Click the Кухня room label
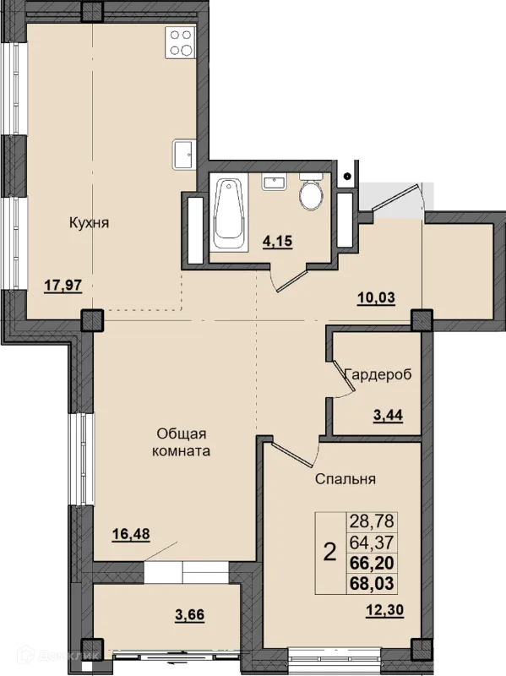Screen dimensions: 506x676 coord(90,223)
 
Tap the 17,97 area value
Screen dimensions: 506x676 coord(63,286)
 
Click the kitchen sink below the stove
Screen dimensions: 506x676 coord(184,155)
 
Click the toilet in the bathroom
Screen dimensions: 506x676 coord(311,192)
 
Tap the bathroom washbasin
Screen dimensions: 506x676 coord(273,182)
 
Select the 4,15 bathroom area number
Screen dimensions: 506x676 coord(278,241)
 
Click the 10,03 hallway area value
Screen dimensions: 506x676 coord(376,297)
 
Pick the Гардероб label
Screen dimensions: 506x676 coord(378,374)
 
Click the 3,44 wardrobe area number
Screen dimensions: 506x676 coord(388,415)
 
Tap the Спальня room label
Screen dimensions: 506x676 coord(345,479)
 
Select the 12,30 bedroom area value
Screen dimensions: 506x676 coord(385,610)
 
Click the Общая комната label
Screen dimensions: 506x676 coord(182,442)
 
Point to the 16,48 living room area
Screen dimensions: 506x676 coord(131,534)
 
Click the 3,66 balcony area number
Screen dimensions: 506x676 coord(189,615)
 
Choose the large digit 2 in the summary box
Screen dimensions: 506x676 coord(329,553)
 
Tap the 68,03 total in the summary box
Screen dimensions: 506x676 coord(372,583)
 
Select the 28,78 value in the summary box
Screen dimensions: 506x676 coord(372,521)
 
